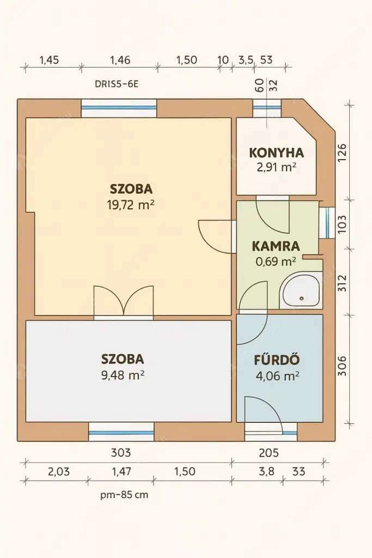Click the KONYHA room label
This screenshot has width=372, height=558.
click(x=276, y=153)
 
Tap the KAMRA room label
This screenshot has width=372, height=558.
click(x=276, y=246)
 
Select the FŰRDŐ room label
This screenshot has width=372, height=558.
click(x=277, y=360)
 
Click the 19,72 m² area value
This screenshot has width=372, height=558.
click(x=131, y=205)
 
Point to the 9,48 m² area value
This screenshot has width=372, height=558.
click(x=123, y=374)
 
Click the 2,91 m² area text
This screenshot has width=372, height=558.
click(x=276, y=167)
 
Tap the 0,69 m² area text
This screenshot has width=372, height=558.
click(x=276, y=261)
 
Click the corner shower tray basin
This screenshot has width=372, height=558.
click(x=300, y=294)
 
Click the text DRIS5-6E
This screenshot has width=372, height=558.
click(x=117, y=84)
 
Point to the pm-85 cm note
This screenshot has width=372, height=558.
click(x=124, y=495)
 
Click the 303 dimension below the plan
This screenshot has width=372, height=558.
click(x=120, y=452)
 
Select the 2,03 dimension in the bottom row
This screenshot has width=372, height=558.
click(x=58, y=471)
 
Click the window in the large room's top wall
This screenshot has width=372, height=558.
click(x=119, y=108)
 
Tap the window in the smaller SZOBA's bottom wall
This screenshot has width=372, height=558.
click(x=121, y=432)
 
